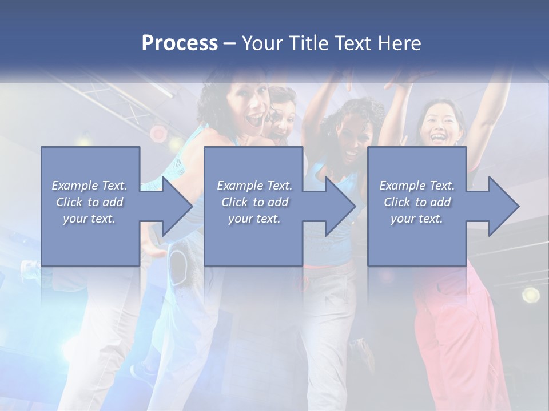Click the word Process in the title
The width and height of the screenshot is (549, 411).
(x=180, y=43)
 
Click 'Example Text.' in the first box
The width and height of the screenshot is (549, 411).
(x=89, y=186)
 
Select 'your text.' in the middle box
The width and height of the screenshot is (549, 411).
(x=254, y=219)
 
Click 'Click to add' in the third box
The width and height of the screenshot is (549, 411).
(x=417, y=202)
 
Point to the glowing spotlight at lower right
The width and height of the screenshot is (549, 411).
(x=531, y=295)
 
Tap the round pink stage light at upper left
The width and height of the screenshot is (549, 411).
(x=158, y=134)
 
